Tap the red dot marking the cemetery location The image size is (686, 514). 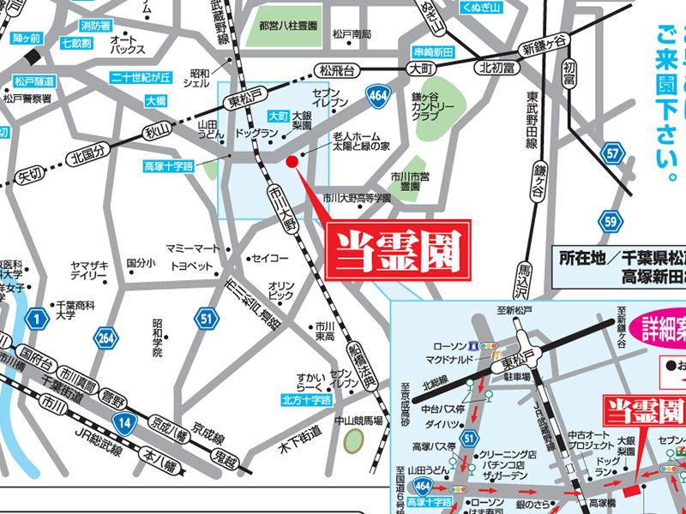pos(291,161)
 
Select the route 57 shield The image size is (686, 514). pos(611,153)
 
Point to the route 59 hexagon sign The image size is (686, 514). pos(610,222)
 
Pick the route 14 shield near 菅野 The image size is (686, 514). pos(125,421)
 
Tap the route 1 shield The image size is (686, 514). pos(35,320)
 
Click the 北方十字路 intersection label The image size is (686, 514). pos(306,400)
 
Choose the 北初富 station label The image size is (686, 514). pos(496,68)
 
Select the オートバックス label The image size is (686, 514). pos(127,45)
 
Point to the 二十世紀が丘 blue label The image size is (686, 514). pos(141,78)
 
